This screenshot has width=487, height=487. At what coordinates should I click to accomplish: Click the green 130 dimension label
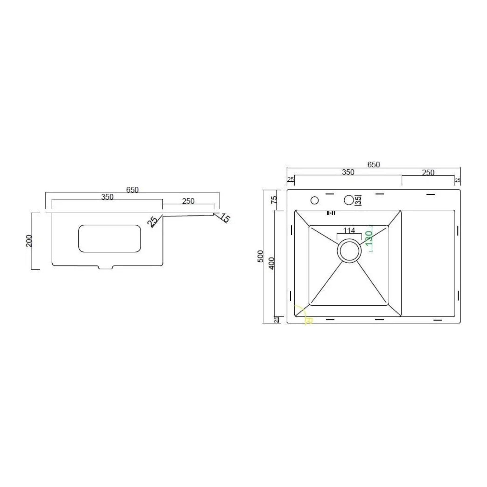[368, 238]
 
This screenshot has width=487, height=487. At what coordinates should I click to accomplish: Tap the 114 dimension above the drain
[349, 230]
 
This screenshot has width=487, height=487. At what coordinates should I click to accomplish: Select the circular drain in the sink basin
[349, 251]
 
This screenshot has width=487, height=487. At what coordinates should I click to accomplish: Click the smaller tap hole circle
[315, 201]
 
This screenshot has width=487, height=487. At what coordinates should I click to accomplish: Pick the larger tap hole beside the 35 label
[349, 200]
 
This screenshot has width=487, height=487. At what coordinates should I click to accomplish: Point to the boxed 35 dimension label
[358, 200]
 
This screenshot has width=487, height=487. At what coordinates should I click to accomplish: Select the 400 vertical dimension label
[272, 263]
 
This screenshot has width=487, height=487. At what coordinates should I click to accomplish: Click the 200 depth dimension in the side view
[29, 241]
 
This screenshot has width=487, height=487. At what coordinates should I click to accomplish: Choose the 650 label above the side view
[132, 190]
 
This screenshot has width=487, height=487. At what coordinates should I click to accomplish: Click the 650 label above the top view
[373, 165]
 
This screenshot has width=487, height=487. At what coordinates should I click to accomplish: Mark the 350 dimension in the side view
[107, 197]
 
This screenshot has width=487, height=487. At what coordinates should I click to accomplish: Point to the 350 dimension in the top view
[348, 172]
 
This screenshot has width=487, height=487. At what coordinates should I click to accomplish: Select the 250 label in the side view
[188, 201]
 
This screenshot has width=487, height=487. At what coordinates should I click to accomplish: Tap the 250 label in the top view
[428, 173]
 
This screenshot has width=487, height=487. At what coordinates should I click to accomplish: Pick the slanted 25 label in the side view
[152, 222]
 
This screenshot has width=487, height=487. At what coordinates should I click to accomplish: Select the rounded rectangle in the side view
[110, 238]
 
